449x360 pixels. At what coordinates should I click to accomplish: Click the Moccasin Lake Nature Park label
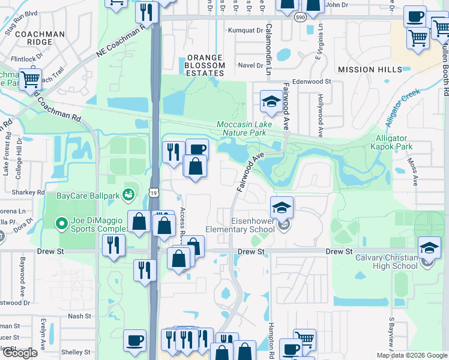(244, 128)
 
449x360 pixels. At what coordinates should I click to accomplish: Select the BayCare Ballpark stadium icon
(127, 194)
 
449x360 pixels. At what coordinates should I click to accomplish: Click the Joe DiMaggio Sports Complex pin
(61, 224)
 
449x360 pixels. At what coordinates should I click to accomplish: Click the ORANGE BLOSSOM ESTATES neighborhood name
(203, 65)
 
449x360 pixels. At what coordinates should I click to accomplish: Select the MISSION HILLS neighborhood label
(370, 70)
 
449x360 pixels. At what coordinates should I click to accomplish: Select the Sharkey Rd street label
(28, 193)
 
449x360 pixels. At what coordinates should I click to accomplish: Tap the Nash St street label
(79, 316)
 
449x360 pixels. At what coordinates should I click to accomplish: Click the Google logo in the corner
(20, 353)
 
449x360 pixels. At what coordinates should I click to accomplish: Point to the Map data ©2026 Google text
(411, 355)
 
